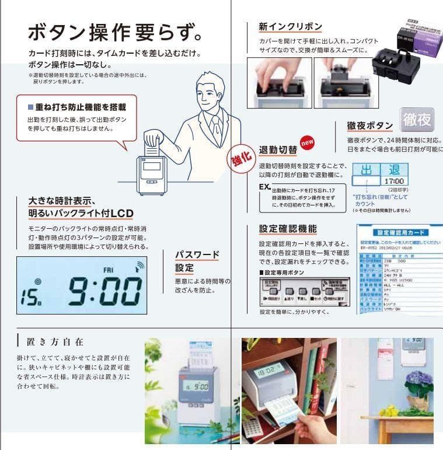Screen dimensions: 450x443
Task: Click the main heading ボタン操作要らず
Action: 116,33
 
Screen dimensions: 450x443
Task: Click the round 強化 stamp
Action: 238,159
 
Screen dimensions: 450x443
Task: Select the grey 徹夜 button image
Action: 417,120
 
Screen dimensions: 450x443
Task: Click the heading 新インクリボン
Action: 290,27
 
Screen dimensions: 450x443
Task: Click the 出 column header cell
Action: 366,170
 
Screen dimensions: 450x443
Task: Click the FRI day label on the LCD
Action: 108,270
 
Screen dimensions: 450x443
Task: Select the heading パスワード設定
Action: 197,261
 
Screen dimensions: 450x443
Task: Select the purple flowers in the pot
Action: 418,383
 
